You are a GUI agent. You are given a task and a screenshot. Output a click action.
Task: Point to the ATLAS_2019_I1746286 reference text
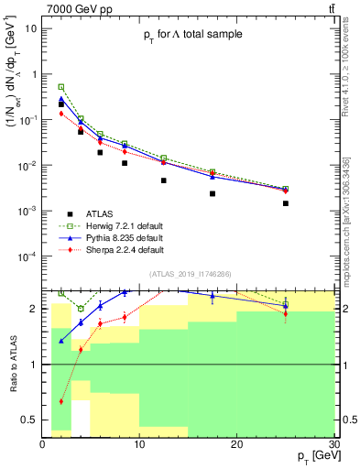[x=191, y=274]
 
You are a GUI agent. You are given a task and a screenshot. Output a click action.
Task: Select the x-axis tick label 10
[x=139, y=445]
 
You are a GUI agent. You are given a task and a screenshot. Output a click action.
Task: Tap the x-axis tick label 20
[x=236, y=445]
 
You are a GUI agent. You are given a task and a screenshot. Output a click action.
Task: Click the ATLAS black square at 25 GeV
[x=286, y=203]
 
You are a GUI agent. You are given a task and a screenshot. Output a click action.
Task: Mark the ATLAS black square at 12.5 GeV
[x=164, y=180]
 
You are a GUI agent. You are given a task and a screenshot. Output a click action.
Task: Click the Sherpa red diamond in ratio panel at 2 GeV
[x=61, y=401]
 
